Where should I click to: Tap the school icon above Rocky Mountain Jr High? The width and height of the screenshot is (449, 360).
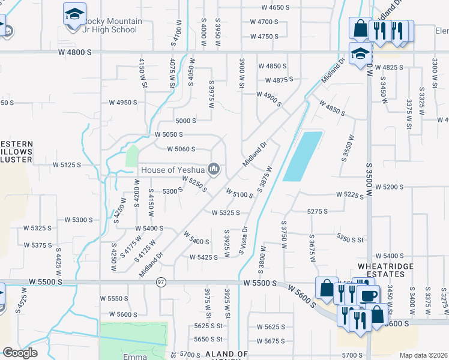[74, 14]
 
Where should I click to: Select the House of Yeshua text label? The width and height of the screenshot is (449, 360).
[173, 170]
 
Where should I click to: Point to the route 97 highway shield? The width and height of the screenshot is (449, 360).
[161, 283]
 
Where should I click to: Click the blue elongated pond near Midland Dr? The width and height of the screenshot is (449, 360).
[303, 156]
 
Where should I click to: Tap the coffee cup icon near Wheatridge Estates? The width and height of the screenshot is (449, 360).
[368, 296]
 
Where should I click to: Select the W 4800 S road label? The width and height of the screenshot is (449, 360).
[75, 53]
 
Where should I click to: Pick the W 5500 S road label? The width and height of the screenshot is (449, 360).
[259, 283]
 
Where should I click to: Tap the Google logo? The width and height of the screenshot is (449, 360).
[20, 353]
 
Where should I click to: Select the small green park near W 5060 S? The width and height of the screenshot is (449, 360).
[131, 155]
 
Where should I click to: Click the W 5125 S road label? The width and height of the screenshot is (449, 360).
[67, 164]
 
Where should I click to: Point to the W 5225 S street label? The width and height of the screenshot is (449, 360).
[351, 195]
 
